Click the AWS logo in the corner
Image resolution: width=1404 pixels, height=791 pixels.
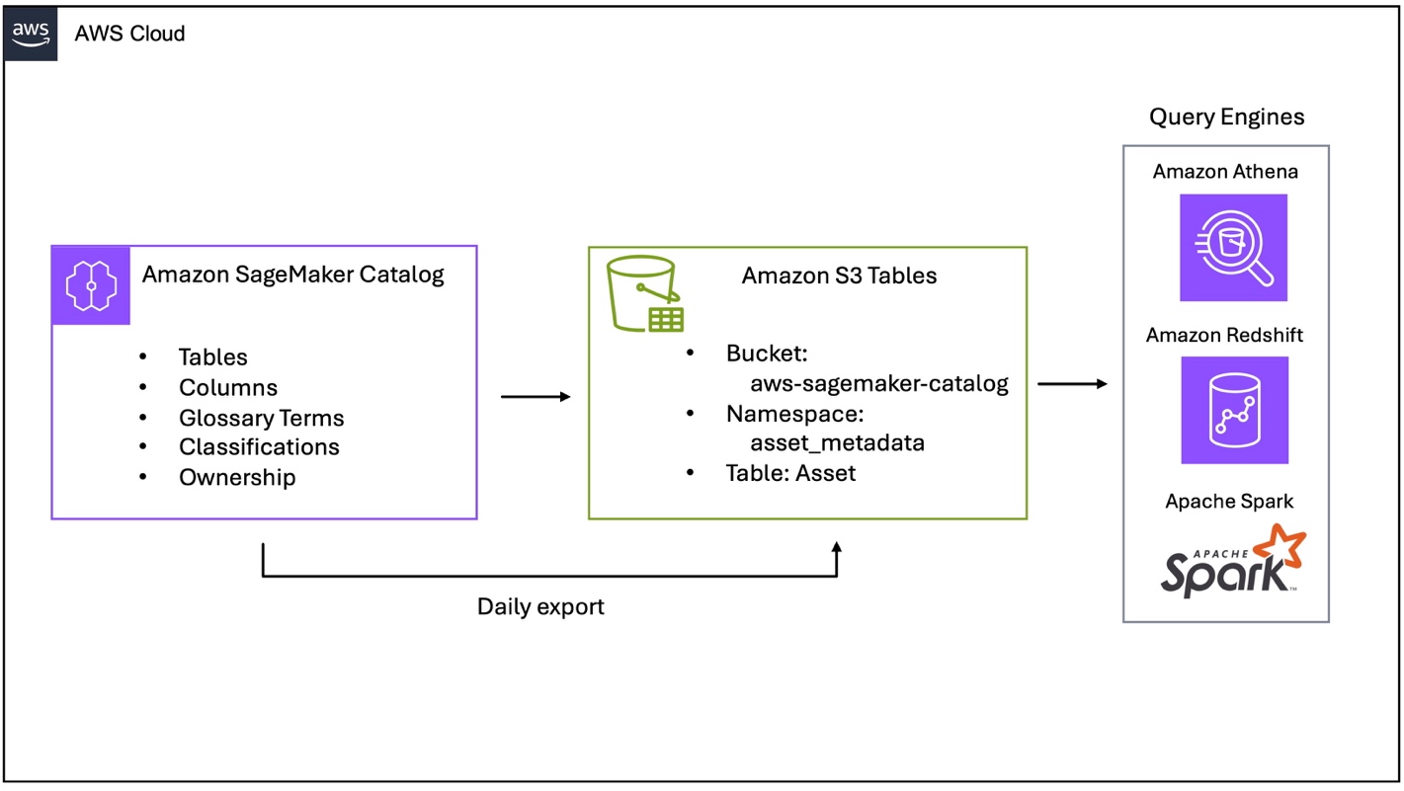[x=31, y=34]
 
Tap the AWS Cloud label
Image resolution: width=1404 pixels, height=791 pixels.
[x=129, y=34]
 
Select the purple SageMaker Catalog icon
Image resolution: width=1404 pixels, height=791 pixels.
[x=91, y=285]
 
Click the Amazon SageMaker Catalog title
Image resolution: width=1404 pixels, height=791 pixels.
[x=292, y=275]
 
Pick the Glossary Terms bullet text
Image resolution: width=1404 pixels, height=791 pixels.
[x=261, y=418]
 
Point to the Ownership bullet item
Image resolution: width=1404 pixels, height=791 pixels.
[x=237, y=478]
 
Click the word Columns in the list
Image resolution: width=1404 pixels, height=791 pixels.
[x=228, y=388]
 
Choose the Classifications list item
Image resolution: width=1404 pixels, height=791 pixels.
[x=259, y=447]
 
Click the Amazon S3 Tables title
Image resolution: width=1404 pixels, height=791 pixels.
[x=839, y=277]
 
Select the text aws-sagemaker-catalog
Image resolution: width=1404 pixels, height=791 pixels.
[x=878, y=384]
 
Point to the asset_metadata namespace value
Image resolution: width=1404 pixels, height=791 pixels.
[x=837, y=442]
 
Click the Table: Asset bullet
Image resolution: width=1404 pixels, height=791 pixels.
[x=790, y=473]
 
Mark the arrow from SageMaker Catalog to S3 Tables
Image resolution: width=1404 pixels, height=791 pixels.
[x=536, y=397]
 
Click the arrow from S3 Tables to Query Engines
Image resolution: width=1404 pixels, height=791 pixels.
[x=1072, y=384]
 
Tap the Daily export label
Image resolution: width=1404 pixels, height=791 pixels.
[x=540, y=606]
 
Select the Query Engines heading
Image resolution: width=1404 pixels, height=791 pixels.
[x=1226, y=118]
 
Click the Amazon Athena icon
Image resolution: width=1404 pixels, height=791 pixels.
[x=1233, y=248]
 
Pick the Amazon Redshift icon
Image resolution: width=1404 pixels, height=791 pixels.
[x=1234, y=410]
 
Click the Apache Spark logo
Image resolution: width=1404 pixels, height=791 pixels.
[x=1232, y=562]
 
